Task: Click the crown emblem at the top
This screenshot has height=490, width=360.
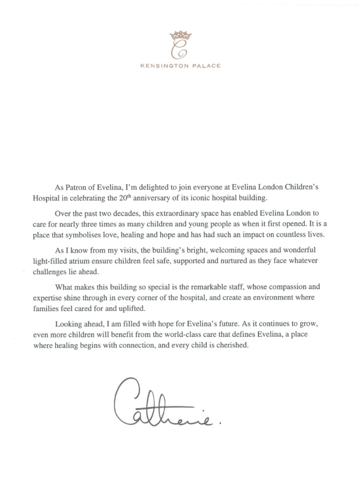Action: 180,35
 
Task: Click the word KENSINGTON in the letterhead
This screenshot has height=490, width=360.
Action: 164,66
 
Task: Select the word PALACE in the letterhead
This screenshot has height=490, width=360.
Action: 207,66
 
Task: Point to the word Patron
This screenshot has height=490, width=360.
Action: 75,187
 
